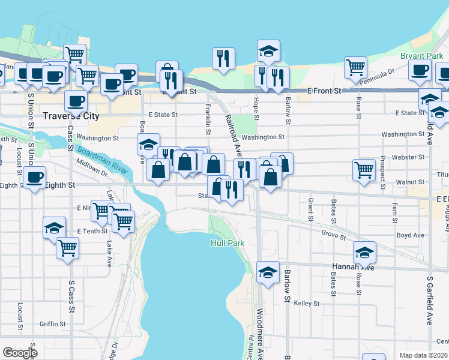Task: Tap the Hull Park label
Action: click(x=228, y=243)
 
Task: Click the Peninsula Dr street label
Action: click(x=381, y=73)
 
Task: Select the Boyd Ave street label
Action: click(x=410, y=235)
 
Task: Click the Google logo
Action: click(x=19, y=353)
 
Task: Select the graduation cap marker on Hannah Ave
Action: click(x=364, y=253)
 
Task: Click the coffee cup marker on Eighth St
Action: click(x=34, y=178)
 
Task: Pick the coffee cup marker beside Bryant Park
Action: click(x=420, y=69)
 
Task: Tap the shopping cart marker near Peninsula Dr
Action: click(x=356, y=67)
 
